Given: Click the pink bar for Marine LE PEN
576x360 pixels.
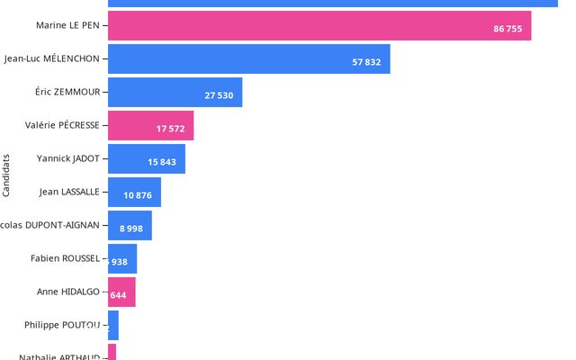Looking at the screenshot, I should coord(319,26).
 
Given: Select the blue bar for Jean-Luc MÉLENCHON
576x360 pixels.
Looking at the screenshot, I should coord(249,59).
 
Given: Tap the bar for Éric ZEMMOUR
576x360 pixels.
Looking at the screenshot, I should coord(175,93).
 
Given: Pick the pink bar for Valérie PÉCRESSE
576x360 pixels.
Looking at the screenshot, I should coord(151,126).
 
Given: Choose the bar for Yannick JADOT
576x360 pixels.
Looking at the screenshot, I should coord(147,159).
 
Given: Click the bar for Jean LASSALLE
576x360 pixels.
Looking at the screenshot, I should coord(135,193).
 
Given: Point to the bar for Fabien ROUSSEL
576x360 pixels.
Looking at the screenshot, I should coord(122,259).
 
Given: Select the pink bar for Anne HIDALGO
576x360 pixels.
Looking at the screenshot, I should coord(121,292).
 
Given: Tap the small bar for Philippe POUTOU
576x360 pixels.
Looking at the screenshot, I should coord(113,325).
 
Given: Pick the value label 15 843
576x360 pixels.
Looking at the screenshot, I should coord(162,163).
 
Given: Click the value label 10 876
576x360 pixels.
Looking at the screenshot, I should coord(138,196).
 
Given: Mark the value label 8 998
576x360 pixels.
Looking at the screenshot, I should coord(130,229).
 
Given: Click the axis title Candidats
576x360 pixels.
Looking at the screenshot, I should coord(7,175).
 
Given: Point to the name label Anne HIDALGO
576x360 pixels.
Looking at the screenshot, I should coord(68,292).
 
